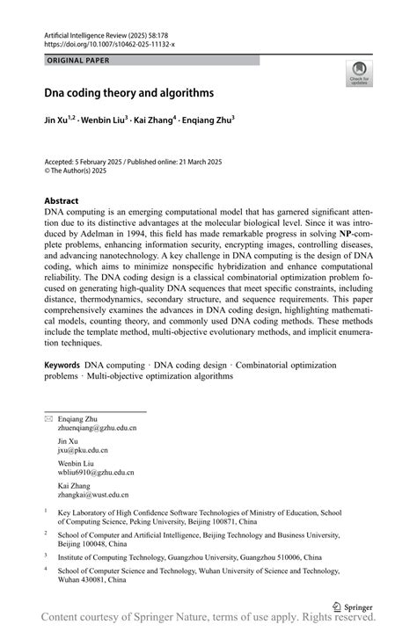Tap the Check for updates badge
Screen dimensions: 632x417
tap(358, 74)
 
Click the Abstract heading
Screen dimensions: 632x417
tap(63, 200)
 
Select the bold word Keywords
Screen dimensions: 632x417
tap(62, 363)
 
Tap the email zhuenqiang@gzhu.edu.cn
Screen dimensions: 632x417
tap(97, 428)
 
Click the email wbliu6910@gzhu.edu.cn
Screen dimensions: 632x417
tap(96, 473)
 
